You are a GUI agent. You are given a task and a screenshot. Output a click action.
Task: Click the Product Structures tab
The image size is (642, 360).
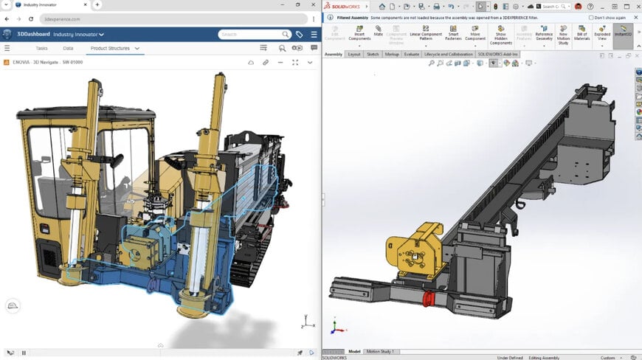click(x=109, y=48)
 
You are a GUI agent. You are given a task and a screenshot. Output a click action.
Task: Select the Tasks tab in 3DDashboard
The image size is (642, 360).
click(x=41, y=48)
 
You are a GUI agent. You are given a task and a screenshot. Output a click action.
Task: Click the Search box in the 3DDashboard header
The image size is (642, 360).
click(x=251, y=34)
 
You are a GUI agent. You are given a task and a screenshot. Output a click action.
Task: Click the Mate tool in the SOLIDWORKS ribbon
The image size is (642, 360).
click(x=378, y=32)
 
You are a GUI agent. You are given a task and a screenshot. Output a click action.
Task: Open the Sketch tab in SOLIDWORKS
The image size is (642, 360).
click(x=372, y=54)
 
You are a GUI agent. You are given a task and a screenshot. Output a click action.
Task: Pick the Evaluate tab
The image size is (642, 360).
click(x=411, y=54)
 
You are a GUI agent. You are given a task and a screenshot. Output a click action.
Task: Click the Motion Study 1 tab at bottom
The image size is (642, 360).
click(x=381, y=351)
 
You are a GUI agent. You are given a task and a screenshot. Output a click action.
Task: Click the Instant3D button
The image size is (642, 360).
click(x=623, y=32)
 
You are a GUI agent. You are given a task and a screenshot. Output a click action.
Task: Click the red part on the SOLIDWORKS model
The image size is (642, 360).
click(x=427, y=298)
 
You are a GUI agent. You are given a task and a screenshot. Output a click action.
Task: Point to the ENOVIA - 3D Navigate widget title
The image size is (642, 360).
click(x=47, y=62)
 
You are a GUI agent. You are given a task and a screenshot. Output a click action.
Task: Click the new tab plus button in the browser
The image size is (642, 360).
click(x=97, y=4)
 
